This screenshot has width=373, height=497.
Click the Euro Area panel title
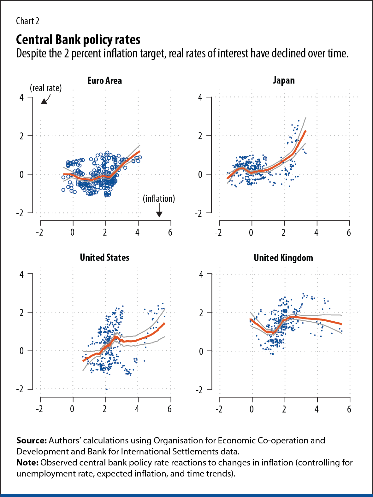coord(104,81)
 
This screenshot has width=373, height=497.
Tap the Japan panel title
coord(284,81)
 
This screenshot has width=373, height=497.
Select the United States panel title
coord(104,258)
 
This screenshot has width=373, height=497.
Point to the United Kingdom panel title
coord(283,258)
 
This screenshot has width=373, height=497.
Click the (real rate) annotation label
coord(46,88)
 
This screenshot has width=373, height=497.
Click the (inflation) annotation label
coord(159,199)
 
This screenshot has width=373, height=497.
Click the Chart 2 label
coord(27,21)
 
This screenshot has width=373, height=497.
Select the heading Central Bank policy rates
coord(78,40)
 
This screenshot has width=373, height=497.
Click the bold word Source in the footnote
coord(31,441)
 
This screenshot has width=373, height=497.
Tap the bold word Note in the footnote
coord(27,463)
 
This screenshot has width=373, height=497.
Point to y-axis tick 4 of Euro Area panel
coord(21,97)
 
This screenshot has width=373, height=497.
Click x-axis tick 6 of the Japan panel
coord(349,233)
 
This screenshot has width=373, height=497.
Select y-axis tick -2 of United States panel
coord(20,389)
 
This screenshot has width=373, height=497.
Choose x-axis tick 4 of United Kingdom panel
coord(317,409)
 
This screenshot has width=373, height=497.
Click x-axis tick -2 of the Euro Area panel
coord(39,233)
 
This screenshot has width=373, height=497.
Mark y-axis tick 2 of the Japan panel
coord(200,136)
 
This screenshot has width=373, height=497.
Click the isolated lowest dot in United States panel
coord(106,389)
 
